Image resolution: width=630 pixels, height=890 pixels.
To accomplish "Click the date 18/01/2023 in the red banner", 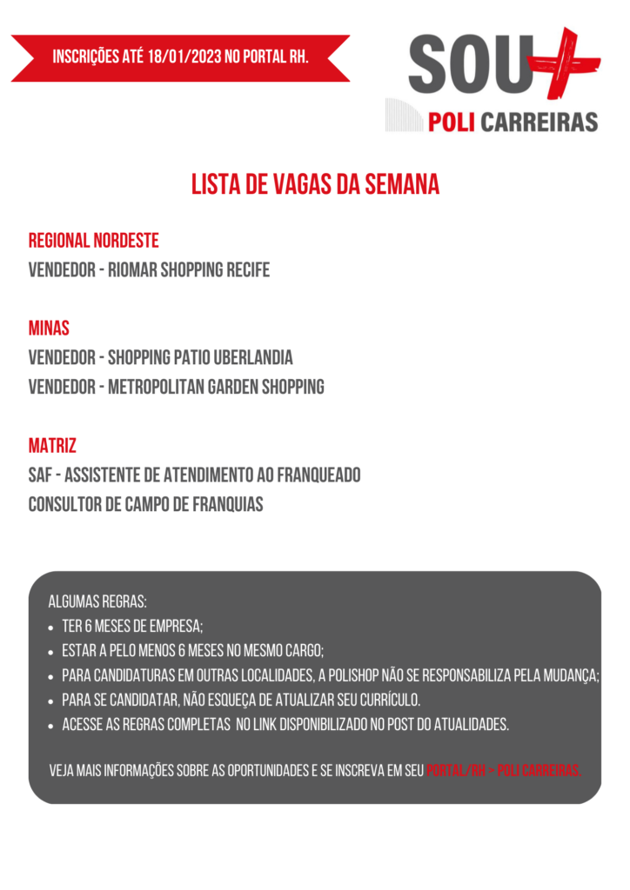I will click(x=184, y=57).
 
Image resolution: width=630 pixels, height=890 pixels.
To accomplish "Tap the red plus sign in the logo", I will click(x=566, y=63).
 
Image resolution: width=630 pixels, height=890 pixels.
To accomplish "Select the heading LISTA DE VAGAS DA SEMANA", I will click(x=315, y=185).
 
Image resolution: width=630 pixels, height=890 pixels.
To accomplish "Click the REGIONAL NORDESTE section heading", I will click(x=93, y=241).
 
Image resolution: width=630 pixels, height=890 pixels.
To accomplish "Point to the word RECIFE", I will click(x=248, y=270).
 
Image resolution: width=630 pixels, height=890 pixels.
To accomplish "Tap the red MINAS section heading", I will click(x=49, y=329).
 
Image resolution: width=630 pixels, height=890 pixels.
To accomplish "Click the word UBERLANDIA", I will click(x=253, y=358).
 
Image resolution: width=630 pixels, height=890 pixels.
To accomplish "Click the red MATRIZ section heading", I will click(x=52, y=447).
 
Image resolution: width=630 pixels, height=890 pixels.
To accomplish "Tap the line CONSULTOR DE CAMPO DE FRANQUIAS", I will click(x=145, y=504).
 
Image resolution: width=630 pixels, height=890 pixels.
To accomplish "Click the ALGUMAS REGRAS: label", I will click(x=97, y=601).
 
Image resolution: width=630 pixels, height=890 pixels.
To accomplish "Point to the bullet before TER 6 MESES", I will click(x=53, y=627).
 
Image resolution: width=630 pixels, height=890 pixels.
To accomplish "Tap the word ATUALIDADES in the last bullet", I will click(x=468, y=724).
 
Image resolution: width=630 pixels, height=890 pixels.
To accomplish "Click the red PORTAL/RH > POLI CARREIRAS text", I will click(x=504, y=771).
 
